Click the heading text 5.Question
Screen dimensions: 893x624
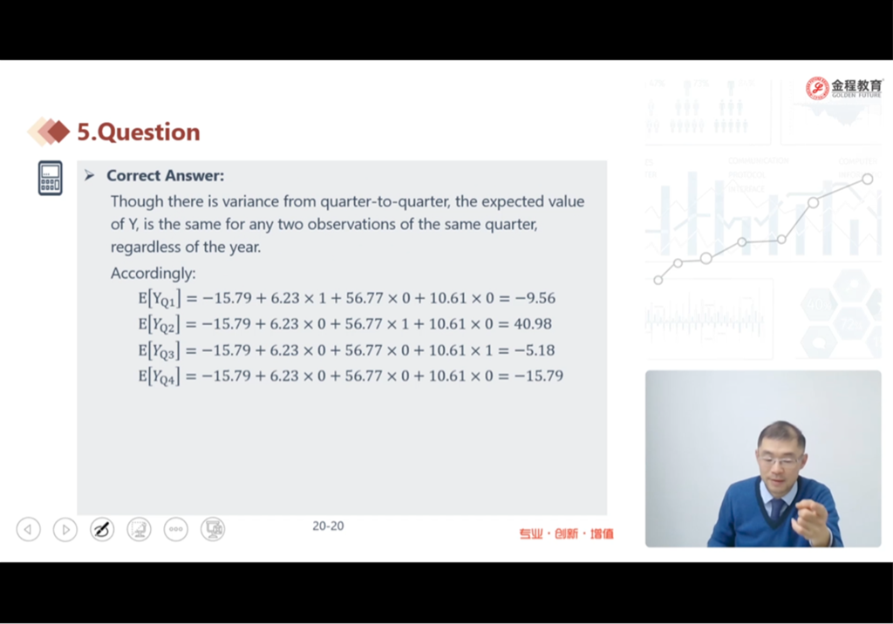click(139, 132)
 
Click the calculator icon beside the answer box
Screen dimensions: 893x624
click(50, 178)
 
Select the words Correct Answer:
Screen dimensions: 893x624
click(165, 175)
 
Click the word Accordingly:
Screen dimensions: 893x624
click(153, 274)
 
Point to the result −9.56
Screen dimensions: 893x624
click(535, 298)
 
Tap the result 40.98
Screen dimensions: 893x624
click(533, 324)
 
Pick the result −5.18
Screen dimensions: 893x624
click(535, 350)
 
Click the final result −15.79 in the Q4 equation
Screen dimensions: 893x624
click(538, 376)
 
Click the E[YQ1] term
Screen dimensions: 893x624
click(160, 298)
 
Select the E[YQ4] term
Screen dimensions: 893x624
click(160, 376)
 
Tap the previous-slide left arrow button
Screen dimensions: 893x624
click(29, 530)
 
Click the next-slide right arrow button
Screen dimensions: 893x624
click(65, 530)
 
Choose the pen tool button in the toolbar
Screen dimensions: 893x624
click(102, 530)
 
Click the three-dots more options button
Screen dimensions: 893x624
click(175, 530)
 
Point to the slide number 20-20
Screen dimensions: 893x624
click(328, 526)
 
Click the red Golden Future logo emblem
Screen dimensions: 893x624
click(817, 88)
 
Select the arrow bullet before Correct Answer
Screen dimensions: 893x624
click(90, 175)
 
